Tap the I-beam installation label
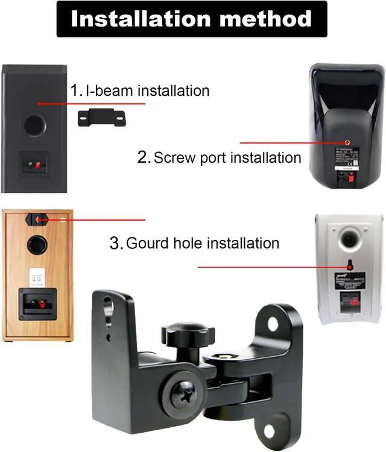click(x=141, y=91)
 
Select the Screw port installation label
click(x=220, y=158)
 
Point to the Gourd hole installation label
click(x=194, y=243)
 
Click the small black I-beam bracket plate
click(x=102, y=117)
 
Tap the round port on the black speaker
click(x=33, y=126)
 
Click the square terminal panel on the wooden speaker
click(x=37, y=304)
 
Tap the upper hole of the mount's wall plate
click(x=273, y=324)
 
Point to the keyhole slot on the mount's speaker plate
click(x=109, y=307)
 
